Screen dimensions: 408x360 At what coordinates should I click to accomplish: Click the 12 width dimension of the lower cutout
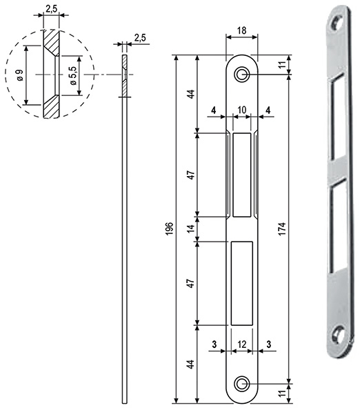click(242, 342)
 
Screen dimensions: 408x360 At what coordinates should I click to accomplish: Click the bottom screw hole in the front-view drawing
click(242, 383)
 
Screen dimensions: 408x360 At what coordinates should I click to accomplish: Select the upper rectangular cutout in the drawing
click(242, 174)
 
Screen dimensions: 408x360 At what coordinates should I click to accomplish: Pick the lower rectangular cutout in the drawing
click(242, 282)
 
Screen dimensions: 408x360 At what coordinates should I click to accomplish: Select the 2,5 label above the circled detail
click(50, 9)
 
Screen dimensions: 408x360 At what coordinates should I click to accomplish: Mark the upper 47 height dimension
click(191, 174)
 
